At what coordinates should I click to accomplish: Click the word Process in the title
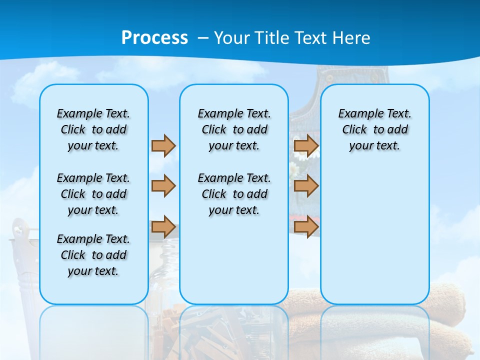tap(154, 37)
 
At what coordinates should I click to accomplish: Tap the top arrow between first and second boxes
tap(163, 145)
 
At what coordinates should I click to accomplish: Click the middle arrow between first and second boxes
tap(163, 186)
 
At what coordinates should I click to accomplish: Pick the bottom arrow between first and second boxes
tap(163, 226)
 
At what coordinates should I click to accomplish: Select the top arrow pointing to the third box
tap(306, 145)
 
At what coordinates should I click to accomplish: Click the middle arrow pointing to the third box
tap(306, 186)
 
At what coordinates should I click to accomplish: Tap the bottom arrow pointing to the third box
tap(306, 226)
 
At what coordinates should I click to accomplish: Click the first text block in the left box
tap(93, 129)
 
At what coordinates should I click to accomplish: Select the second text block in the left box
tap(93, 194)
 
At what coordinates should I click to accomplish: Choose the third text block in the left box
tap(93, 255)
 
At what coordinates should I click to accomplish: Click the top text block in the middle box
tap(234, 129)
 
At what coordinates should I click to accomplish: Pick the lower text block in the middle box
tap(234, 194)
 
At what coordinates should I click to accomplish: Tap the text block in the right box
tap(374, 129)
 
